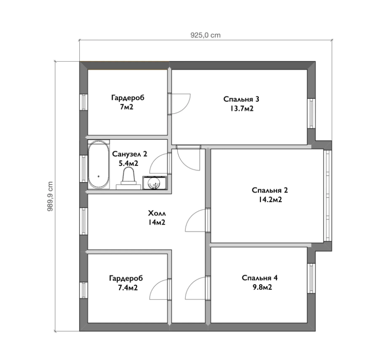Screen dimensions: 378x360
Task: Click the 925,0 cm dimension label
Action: pyautogui.click(x=206, y=35)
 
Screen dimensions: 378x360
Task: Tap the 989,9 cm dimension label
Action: pyautogui.click(x=50, y=196)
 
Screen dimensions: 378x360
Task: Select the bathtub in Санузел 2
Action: pyautogui.click(x=98, y=165)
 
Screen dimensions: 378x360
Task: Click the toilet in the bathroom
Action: pyautogui.click(x=128, y=178)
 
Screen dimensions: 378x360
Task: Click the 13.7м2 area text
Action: pyautogui.click(x=241, y=108)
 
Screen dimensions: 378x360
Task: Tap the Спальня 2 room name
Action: pyautogui.click(x=270, y=190)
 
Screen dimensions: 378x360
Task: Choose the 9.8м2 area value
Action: pyautogui.click(x=262, y=287)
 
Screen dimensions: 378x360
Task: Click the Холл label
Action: pyautogui.click(x=157, y=213)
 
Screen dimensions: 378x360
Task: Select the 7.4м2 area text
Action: pyautogui.click(x=128, y=288)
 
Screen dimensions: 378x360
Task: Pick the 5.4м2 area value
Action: pyautogui.click(x=128, y=163)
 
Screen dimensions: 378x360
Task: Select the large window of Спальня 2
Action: pyautogui.click(x=328, y=195)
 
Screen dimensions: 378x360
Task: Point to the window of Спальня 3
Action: pyautogui.click(x=311, y=114)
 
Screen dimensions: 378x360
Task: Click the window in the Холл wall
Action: pyautogui.click(x=83, y=221)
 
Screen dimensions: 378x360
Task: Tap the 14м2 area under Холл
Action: pyautogui.click(x=157, y=222)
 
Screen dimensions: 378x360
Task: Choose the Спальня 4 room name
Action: pyautogui.click(x=260, y=278)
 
